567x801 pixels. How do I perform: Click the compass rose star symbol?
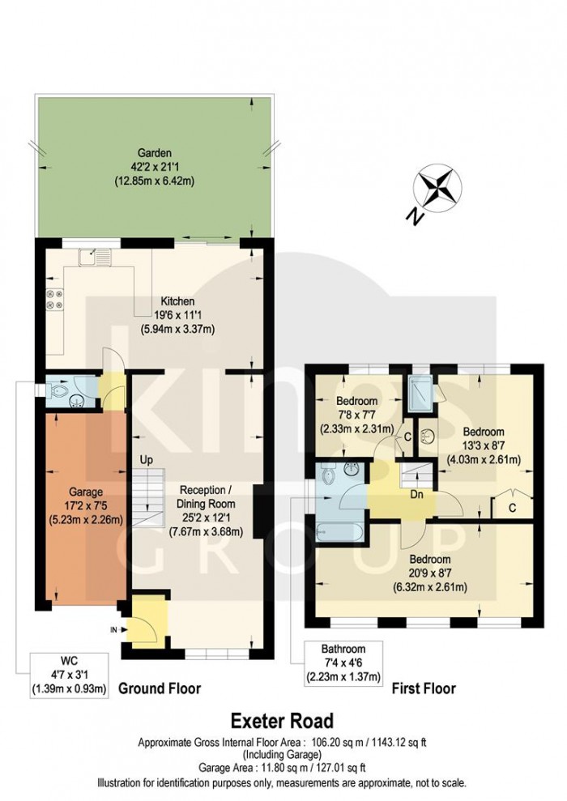point(435,187)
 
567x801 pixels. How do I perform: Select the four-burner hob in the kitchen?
point(55,300)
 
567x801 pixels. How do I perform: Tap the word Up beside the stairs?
point(147,459)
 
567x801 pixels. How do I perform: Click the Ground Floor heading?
point(160,688)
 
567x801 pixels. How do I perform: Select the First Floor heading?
point(423,688)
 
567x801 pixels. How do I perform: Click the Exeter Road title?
point(281,720)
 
